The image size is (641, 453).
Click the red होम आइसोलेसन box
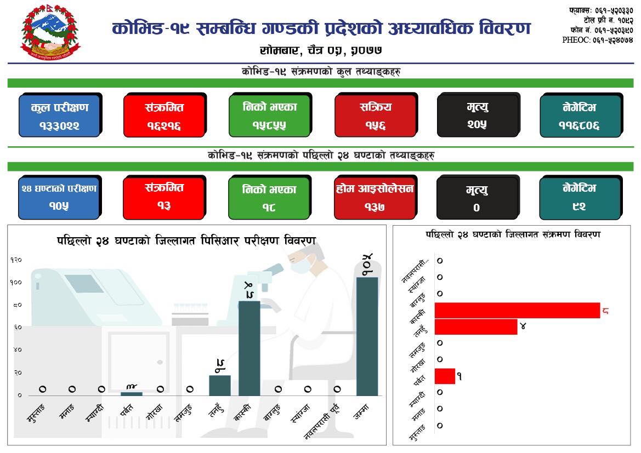click(x=375, y=197)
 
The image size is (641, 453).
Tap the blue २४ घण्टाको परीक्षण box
click(x=59, y=197)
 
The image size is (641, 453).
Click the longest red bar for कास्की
click(x=517, y=310)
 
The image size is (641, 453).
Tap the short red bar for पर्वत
click(x=445, y=376)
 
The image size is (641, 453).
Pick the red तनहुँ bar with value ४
click(x=475, y=327)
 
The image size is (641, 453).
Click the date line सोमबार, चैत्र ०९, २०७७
click(x=321, y=50)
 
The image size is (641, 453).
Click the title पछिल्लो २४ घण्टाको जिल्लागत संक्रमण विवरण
click(x=513, y=234)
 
